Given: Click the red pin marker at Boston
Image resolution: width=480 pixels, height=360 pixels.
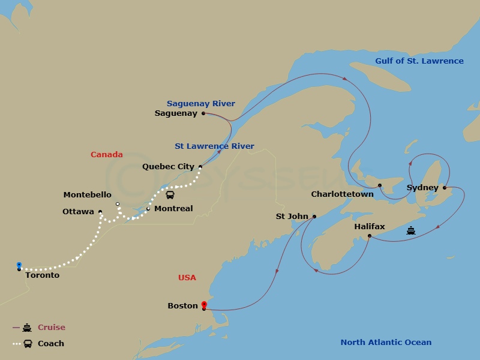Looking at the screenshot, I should (204, 305).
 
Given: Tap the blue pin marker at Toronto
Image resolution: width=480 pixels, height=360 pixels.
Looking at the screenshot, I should (19, 265).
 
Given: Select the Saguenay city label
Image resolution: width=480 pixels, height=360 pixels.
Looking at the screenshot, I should (176, 113).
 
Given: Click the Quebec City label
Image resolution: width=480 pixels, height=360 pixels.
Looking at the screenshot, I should (168, 167).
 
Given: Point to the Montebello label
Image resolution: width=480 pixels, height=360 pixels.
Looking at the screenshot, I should (87, 195).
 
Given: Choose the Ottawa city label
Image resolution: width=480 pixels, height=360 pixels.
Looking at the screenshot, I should (78, 212).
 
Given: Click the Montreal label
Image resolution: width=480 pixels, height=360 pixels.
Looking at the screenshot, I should (173, 209).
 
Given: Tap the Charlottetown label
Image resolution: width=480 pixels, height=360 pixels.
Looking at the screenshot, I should (342, 194).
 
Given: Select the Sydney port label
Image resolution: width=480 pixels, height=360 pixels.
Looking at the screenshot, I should (422, 188).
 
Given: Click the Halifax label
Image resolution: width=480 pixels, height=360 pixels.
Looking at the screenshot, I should (370, 227).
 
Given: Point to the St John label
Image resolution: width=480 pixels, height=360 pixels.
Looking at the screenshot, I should (292, 217).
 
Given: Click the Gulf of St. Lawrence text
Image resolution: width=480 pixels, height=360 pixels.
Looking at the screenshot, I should (419, 61).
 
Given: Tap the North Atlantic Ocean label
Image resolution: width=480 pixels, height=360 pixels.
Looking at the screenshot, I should (386, 343).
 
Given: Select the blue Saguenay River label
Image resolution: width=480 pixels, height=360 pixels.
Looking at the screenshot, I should (201, 104).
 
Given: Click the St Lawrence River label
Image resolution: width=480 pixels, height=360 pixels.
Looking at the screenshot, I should (214, 146).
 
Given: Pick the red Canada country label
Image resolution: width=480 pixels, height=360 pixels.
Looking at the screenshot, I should (107, 155).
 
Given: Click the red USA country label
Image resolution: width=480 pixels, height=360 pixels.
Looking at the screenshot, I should (187, 278).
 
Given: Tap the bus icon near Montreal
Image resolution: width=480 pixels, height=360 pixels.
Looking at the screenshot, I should (170, 195).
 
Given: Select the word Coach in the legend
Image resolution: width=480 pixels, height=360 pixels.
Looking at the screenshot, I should (51, 344).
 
